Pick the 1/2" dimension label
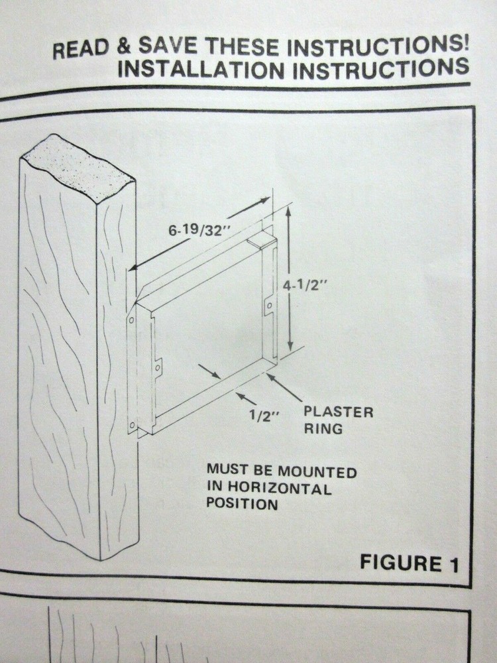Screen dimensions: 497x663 [x=264, y=416]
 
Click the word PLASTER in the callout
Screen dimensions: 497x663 [x=339, y=412]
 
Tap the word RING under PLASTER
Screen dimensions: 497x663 [x=323, y=428]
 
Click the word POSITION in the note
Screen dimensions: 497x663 [x=242, y=504]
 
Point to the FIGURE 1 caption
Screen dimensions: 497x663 [x=409, y=563]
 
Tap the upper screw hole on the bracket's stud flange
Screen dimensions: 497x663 [x=131, y=320]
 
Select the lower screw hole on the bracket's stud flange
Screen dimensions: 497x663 [x=132, y=425]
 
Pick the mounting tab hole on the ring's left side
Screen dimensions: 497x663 [x=158, y=368]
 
